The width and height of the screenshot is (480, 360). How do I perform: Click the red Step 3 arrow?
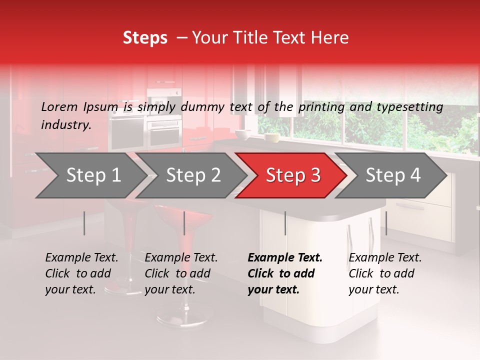pyautogui.click(x=293, y=175)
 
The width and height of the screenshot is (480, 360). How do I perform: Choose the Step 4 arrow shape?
pyautogui.click(x=393, y=175)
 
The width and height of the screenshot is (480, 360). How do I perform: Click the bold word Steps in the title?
pyautogui.click(x=145, y=37)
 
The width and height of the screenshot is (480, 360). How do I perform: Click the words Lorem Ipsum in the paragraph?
pyautogui.click(x=79, y=106)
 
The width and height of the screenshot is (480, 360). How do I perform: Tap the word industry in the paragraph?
pyautogui.click(x=65, y=124)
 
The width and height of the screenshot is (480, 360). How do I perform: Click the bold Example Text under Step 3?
pyautogui.click(x=285, y=257)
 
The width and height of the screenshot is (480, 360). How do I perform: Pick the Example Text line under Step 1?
pyautogui.click(x=81, y=257)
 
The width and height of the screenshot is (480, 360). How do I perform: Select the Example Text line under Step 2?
pyautogui.click(x=181, y=257)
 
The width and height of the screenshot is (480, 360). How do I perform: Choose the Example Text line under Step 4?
pyautogui.click(x=385, y=257)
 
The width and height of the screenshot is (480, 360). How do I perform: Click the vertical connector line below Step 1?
pyautogui.click(x=84, y=223)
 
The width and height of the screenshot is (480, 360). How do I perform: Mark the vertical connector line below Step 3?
pyautogui.click(x=285, y=223)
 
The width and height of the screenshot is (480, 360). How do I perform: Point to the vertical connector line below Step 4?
pyautogui.click(x=386, y=223)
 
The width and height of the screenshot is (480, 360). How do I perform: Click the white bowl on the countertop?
pyautogui.click(x=243, y=134)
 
